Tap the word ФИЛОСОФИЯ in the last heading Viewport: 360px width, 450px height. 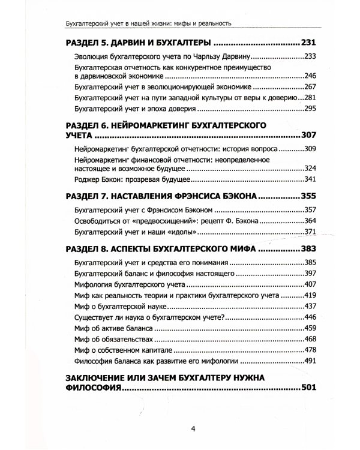[x=89, y=389]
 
